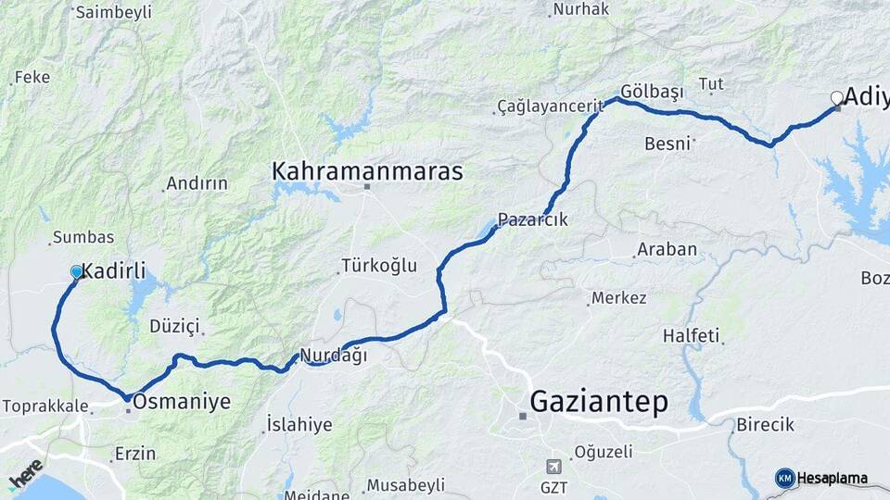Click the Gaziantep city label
(599, 403)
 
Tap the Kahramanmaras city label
(366, 172)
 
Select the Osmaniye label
(182, 402)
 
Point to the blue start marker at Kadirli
(77, 272)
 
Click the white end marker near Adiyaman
(836, 97)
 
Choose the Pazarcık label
(532, 220)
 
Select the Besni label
(667, 143)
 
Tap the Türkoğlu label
(379, 266)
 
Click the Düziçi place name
(174, 326)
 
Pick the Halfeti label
(691, 335)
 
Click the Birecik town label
(765, 425)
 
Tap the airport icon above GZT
(553, 466)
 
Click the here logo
(26, 473)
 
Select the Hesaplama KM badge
(821, 478)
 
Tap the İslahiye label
(299, 425)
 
